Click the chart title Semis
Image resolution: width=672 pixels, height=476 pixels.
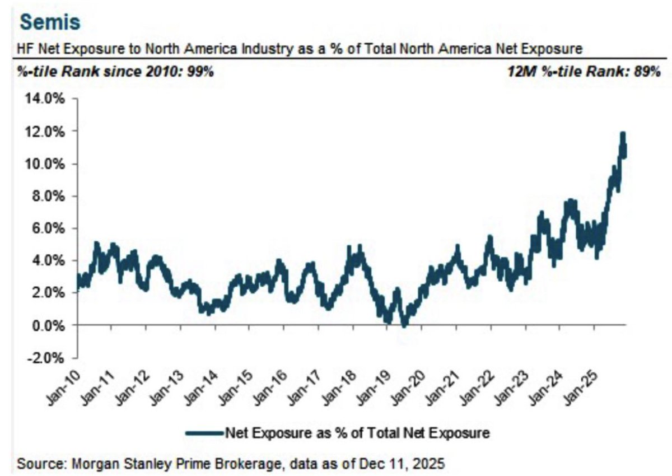click(50, 22)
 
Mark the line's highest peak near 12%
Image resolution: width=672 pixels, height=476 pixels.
click(622, 134)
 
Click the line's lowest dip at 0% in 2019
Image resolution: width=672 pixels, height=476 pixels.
click(404, 325)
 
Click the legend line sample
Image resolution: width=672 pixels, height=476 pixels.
click(204, 432)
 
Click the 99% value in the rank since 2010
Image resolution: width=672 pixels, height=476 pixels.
click(200, 72)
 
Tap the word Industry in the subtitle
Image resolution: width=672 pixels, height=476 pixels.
click(259, 49)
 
